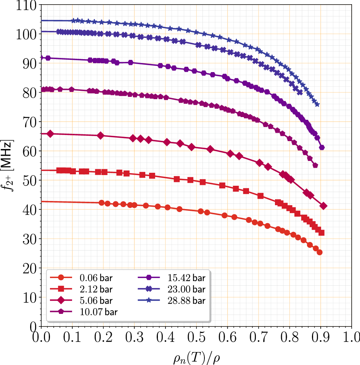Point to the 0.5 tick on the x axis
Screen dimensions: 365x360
coord(196,338)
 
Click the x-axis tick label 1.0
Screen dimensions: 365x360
coord(351,338)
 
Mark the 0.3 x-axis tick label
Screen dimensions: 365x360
coord(134,338)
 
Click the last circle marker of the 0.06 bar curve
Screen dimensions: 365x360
coord(320,252)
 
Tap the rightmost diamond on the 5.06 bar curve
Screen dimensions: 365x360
coord(324,206)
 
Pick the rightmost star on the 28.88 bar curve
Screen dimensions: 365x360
coord(317,104)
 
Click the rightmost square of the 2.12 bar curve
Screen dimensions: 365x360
coord(321,233)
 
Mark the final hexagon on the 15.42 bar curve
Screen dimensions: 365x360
coord(321,147)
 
